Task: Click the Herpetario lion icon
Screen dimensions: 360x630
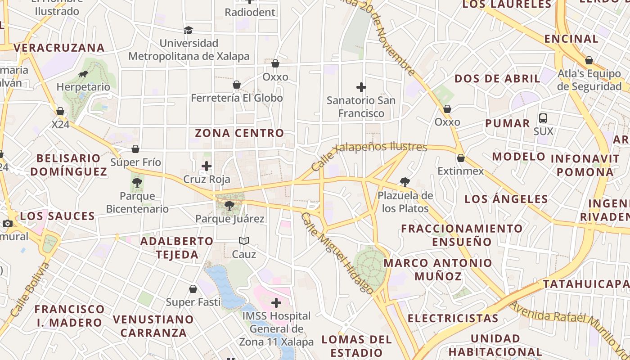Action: click(x=83, y=74)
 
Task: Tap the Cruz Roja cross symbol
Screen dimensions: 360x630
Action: click(x=207, y=166)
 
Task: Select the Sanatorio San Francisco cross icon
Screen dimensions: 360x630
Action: click(x=361, y=87)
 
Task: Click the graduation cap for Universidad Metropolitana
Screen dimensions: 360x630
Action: click(x=188, y=30)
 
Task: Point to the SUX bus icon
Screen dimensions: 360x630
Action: click(x=543, y=118)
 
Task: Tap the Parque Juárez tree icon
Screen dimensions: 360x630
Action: click(x=229, y=206)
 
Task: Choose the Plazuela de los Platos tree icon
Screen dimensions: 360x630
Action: click(x=405, y=182)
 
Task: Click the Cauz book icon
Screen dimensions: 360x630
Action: click(x=244, y=241)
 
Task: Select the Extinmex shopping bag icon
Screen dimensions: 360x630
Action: click(x=460, y=158)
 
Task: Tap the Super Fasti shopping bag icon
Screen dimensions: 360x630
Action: click(x=193, y=289)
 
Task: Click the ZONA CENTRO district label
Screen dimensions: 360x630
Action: click(x=239, y=133)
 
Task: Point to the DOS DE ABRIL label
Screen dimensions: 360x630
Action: click(x=497, y=79)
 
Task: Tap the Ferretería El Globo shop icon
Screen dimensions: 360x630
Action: click(x=237, y=85)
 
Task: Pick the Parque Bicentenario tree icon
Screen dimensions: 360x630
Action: click(x=137, y=183)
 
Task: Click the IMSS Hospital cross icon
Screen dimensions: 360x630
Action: click(x=276, y=303)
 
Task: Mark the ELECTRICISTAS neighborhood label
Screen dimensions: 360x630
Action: click(x=453, y=319)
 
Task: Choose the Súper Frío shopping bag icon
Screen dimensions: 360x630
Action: click(x=135, y=149)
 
